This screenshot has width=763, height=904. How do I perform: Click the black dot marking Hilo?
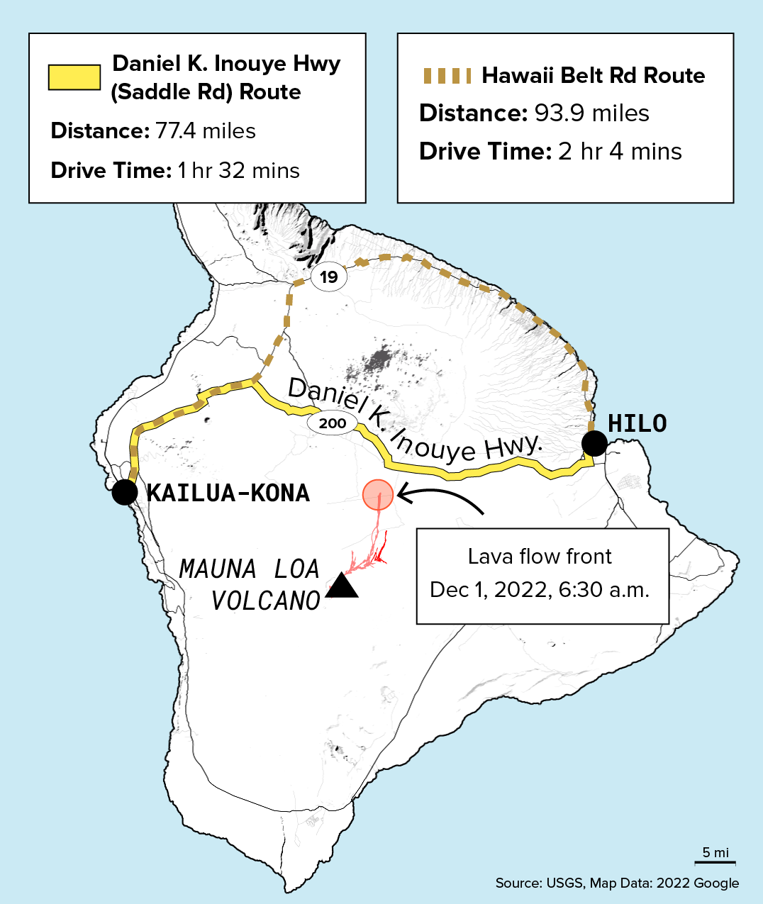594,444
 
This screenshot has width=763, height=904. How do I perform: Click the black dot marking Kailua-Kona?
125,491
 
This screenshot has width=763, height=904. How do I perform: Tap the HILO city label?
637,423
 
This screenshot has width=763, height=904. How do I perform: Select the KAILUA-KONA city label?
228,493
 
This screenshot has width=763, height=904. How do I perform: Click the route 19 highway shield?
329,277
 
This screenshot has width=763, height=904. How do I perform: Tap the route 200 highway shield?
332,424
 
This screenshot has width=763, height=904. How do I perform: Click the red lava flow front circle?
378,494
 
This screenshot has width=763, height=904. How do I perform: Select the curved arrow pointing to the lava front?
440,496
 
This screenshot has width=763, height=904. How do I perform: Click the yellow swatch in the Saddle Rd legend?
74,77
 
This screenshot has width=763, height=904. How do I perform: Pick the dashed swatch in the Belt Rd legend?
447,76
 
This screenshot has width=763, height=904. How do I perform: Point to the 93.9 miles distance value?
592,113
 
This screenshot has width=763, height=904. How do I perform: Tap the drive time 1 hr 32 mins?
239,171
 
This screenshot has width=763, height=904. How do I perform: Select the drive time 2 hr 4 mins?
620,152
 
